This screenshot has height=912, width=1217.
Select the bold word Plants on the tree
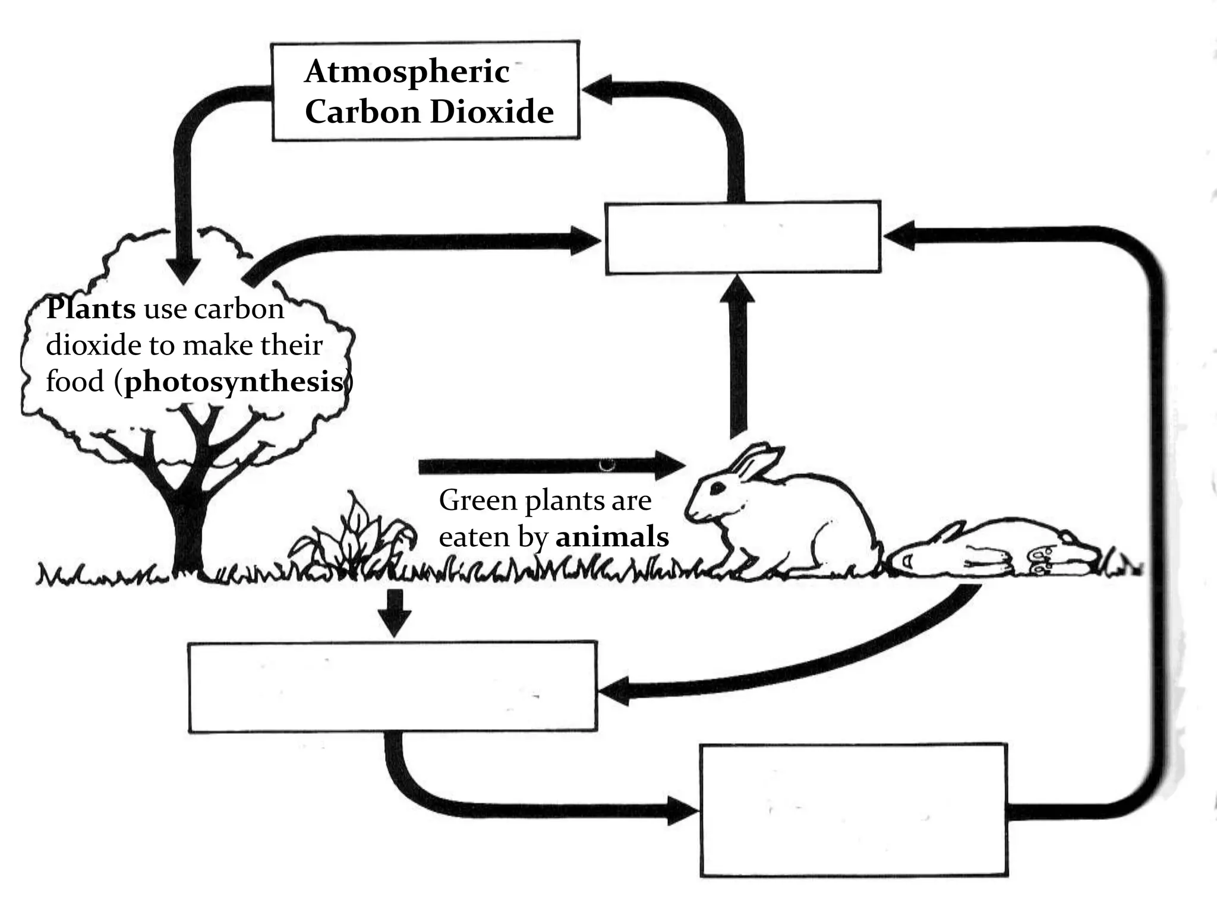point(91,309)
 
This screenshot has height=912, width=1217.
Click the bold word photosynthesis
point(234,382)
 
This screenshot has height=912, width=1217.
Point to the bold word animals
point(612,537)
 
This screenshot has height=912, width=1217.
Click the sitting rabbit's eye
point(717,487)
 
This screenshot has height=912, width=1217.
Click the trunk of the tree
point(188,528)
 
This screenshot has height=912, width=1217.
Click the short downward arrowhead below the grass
point(395,623)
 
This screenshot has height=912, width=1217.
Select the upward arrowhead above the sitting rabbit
point(737,291)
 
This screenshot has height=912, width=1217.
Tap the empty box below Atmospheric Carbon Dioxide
point(743,238)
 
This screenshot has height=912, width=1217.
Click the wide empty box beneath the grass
point(392,686)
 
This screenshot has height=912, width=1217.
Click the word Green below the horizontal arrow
point(477,501)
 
